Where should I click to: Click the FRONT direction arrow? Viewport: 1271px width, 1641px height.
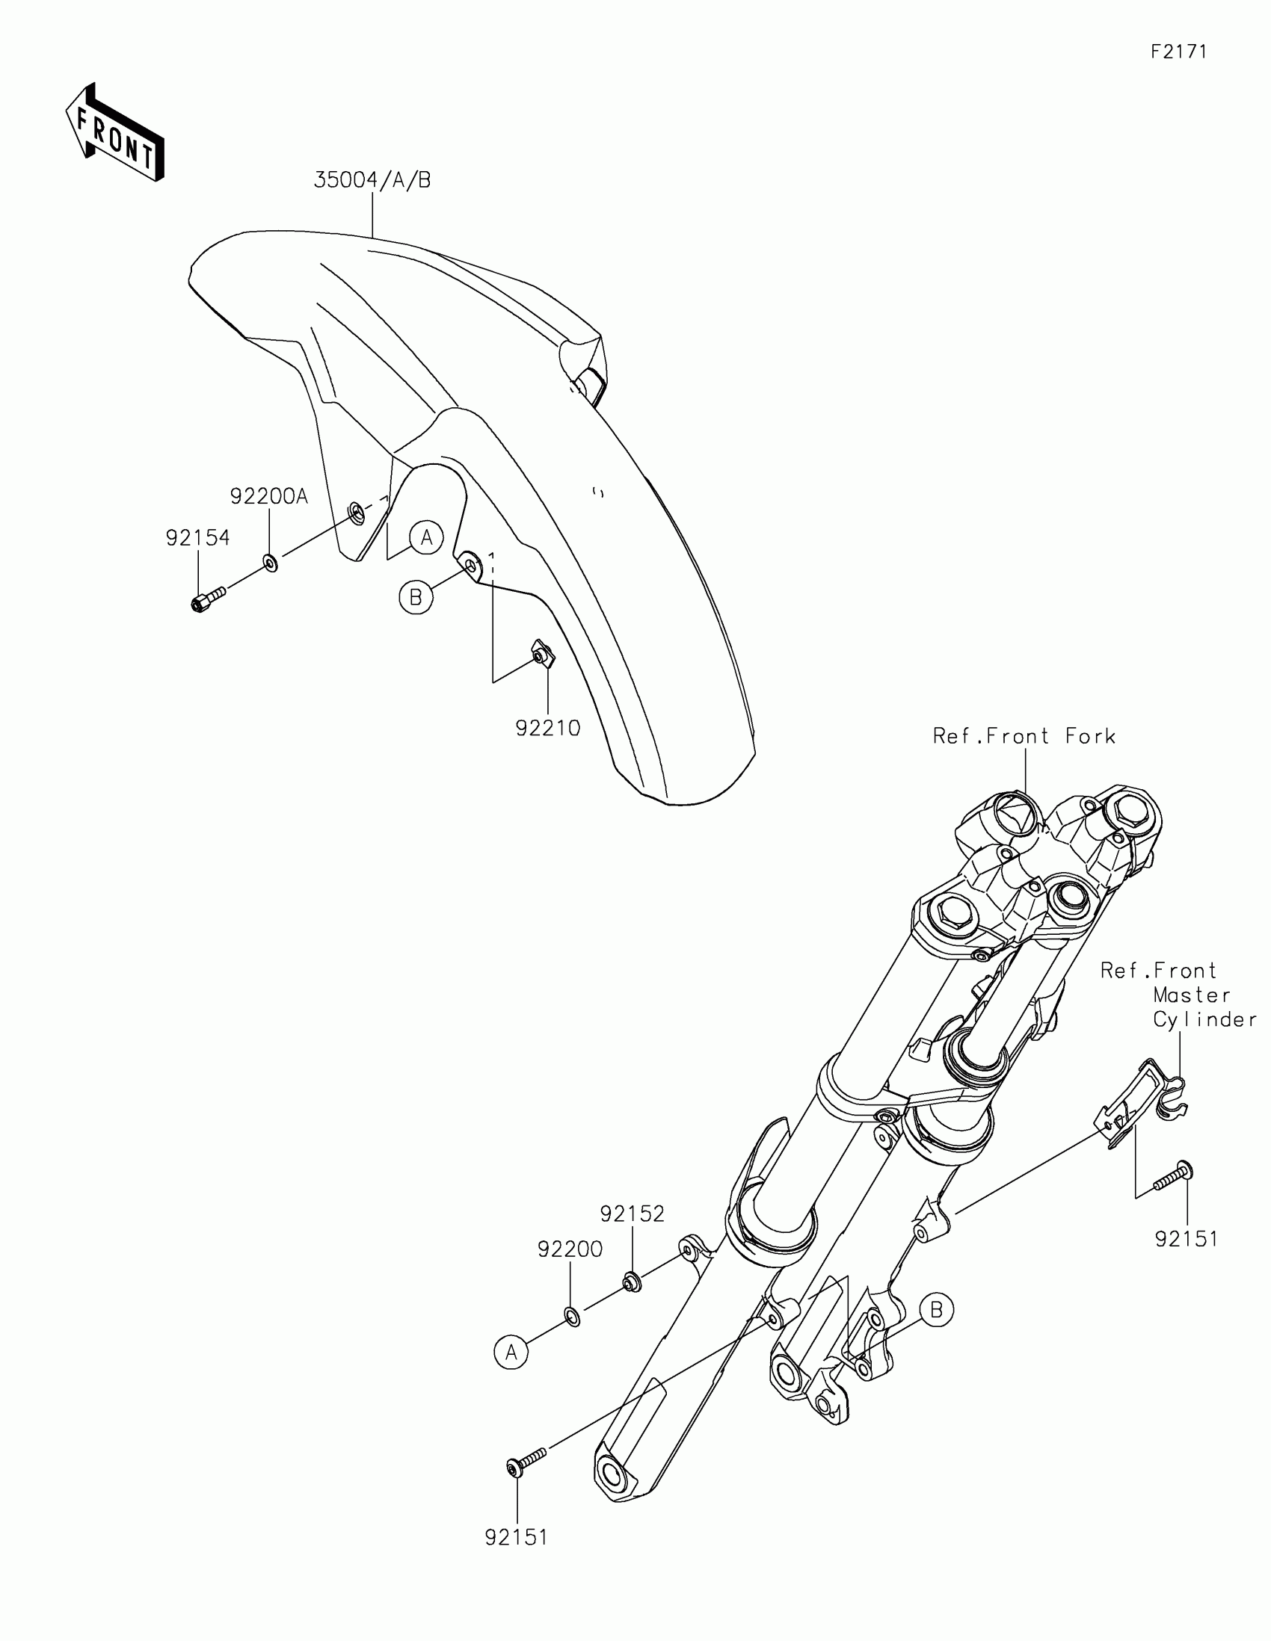[x=114, y=132]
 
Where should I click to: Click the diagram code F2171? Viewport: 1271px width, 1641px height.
[x=1178, y=51]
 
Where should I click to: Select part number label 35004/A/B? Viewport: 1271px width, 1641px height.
[x=372, y=180]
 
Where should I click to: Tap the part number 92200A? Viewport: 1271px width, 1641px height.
[x=269, y=497]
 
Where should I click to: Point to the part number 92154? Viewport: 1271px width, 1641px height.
[x=197, y=538]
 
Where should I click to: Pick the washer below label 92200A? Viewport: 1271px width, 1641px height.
[x=271, y=562]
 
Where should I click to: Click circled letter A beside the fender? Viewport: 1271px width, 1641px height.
[x=427, y=537]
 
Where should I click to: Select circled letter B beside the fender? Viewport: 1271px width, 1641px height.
[x=416, y=597]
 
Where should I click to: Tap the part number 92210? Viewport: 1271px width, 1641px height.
[x=548, y=728]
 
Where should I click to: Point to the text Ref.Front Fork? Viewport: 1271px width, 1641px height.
[x=1024, y=735]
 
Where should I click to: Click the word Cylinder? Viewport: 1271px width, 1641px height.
[x=1205, y=1019]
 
